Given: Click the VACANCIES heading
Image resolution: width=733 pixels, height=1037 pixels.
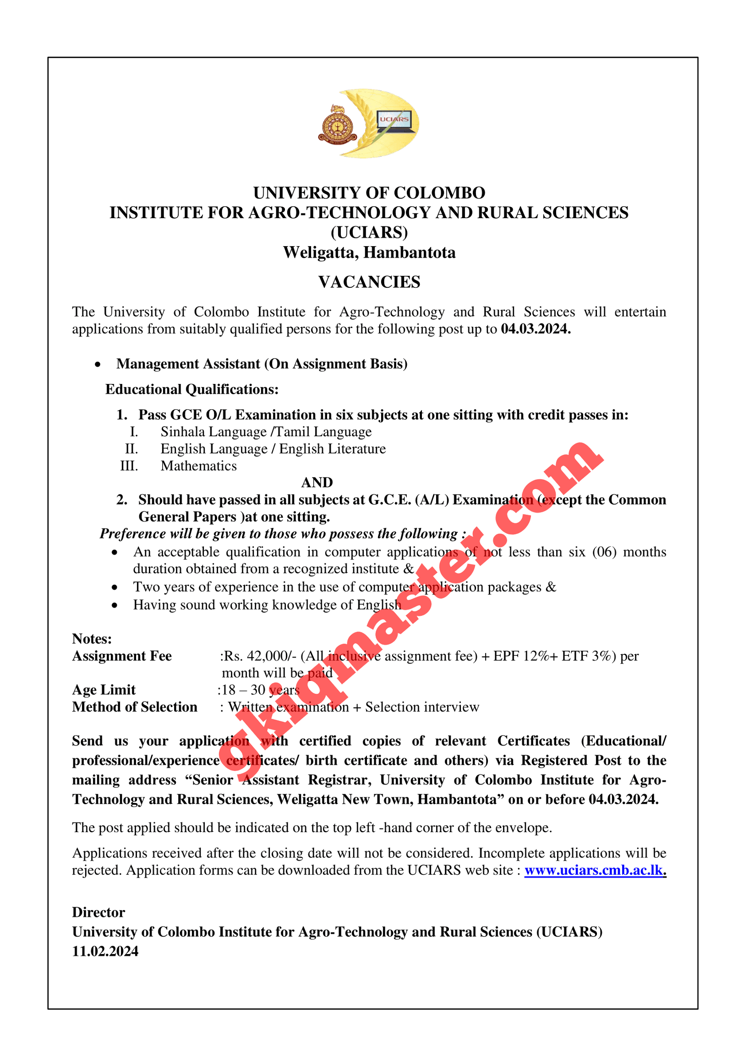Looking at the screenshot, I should (369, 282).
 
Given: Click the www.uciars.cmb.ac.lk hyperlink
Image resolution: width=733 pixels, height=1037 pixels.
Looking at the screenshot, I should (594, 870).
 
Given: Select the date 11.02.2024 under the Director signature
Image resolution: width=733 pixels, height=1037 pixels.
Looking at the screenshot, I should (105, 951).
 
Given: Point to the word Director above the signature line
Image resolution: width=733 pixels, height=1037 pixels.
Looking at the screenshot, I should (98, 912).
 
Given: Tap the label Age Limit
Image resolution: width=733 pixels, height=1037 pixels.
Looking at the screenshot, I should (104, 690).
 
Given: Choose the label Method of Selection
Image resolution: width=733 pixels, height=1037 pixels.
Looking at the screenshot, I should (135, 707).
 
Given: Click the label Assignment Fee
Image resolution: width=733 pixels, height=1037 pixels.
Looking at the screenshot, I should (122, 656).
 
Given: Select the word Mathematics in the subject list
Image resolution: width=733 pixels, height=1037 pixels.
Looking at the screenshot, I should (198, 466).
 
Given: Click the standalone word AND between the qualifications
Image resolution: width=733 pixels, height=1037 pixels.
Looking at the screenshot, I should (317, 483).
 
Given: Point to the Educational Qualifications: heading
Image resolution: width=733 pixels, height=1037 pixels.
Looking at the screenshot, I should (192, 389).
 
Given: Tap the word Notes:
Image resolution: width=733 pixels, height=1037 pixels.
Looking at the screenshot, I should (92, 639).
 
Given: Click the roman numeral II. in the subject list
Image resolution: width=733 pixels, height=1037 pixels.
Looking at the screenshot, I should (131, 449).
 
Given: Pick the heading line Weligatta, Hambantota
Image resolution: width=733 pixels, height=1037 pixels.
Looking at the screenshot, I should (369, 252).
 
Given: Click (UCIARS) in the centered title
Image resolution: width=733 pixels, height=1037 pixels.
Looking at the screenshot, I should (369, 233).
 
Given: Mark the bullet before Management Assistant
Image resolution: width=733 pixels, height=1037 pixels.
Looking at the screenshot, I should (98, 364).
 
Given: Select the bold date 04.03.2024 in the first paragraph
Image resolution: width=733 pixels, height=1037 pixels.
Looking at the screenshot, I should (536, 329).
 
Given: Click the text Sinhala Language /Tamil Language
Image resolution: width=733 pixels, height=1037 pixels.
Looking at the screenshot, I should (266, 432).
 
